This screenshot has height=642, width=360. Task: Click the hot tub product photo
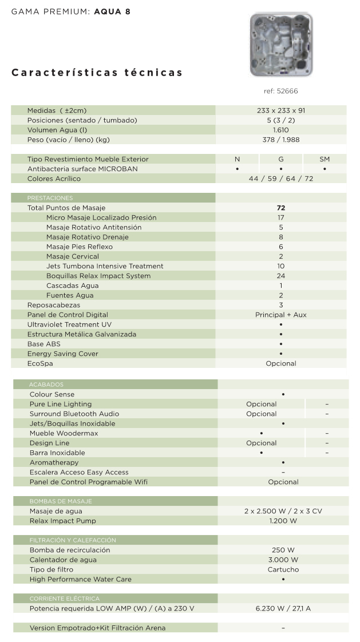click(x=281, y=45)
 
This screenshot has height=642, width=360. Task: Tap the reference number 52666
click(x=280, y=91)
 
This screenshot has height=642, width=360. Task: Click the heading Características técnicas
click(x=97, y=73)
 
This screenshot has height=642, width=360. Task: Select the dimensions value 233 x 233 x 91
click(x=281, y=110)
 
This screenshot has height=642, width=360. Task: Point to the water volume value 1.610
click(x=281, y=130)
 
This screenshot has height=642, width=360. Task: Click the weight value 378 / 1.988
click(x=281, y=140)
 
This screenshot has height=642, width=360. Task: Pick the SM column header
click(x=325, y=159)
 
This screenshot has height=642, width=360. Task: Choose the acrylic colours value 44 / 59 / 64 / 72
click(x=281, y=179)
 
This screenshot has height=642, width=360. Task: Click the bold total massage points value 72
click(x=281, y=208)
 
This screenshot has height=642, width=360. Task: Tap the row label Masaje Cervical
click(x=72, y=256)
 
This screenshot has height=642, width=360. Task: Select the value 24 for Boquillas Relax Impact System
click(x=281, y=276)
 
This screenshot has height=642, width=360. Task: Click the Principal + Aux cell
click(x=281, y=315)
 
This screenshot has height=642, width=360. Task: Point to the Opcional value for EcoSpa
click(x=281, y=363)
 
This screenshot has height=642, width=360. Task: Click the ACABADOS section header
click(x=47, y=385)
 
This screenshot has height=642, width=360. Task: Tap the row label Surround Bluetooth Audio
click(x=74, y=414)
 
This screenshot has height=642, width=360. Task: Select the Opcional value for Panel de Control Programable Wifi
click(x=283, y=482)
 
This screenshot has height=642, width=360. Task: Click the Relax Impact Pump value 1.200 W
click(x=283, y=521)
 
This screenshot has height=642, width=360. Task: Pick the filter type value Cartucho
click(x=283, y=569)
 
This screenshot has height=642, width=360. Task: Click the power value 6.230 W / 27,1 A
click(x=283, y=608)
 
